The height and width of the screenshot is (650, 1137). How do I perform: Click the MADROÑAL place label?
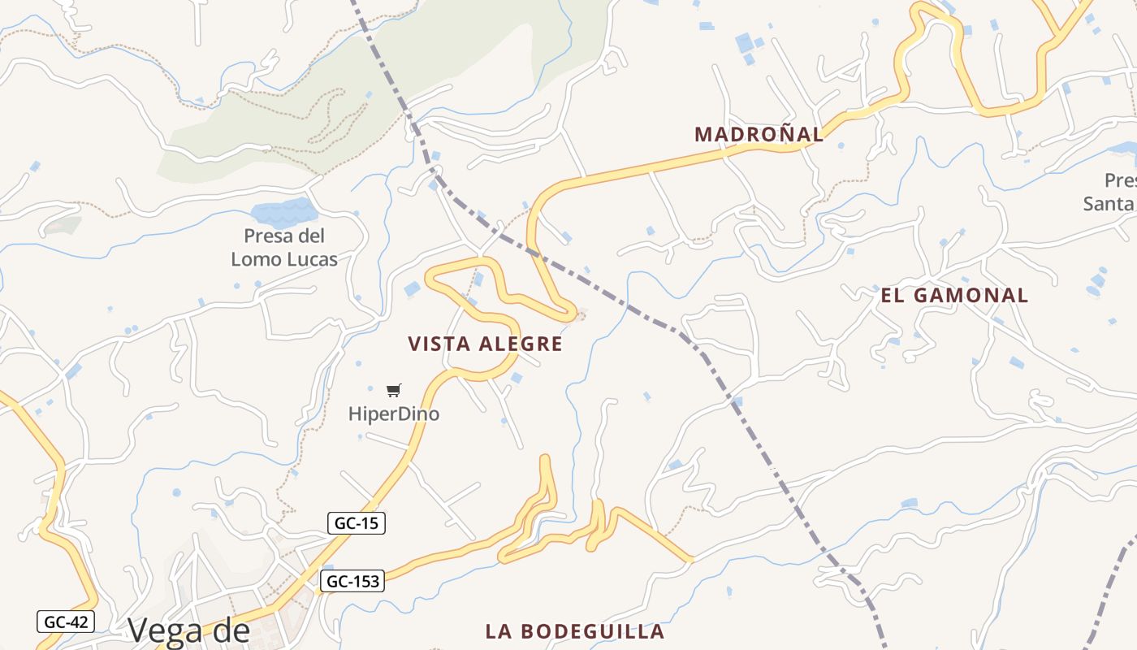pyautogui.click(x=759, y=134)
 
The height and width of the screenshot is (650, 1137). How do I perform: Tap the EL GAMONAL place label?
pyautogui.click(x=954, y=295)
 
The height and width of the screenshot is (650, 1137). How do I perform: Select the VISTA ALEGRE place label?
pyautogui.click(x=485, y=344)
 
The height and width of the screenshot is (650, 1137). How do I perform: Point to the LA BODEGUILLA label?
pyautogui.click(x=575, y=631)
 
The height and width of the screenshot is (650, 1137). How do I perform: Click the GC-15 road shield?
pyautogui.click(x=357, y=523)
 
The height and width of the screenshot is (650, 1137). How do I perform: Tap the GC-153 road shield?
pyautogui.click(x=352, y=581)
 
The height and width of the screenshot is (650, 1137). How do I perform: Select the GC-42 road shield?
pyautogui.click(x=66, y=622)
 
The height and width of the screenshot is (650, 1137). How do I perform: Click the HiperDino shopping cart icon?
pyautogui.click(x=394, y=391)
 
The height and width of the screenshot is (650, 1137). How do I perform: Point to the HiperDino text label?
pyautogui.click(x=394, y=414)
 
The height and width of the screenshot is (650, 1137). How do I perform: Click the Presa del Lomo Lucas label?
pyautogui.click(x=284, y=247)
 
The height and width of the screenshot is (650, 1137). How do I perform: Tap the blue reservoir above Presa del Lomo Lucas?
pyautogui.click(x=283, y=213)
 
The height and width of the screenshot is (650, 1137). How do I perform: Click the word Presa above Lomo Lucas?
pyautogui.click(x=266, y=236)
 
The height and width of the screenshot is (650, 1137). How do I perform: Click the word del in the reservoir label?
pyautogui.click(x=310, y=236)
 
